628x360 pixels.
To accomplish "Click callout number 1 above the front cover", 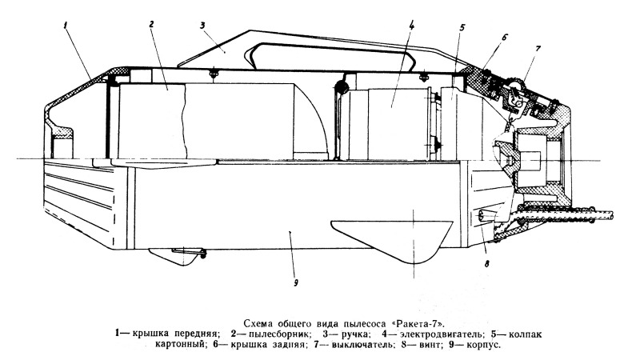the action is coord(65,25).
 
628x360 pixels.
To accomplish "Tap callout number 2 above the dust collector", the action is coord(151,24).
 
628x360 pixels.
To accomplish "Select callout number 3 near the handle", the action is coord(202,25).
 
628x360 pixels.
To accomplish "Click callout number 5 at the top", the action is coord(462,28).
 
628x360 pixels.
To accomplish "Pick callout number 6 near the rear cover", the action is coord(504,38).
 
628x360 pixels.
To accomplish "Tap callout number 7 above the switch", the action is coord(538,49).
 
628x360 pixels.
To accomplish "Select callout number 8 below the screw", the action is coord(487,264).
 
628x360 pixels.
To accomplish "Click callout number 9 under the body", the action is coord(296,283).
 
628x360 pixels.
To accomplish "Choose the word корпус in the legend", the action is coord(483,345).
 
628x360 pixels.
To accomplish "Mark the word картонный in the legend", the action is coord(181,344).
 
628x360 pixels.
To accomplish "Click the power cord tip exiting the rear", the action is coord(611,214).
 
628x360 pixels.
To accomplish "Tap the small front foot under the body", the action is coord(177,256).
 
